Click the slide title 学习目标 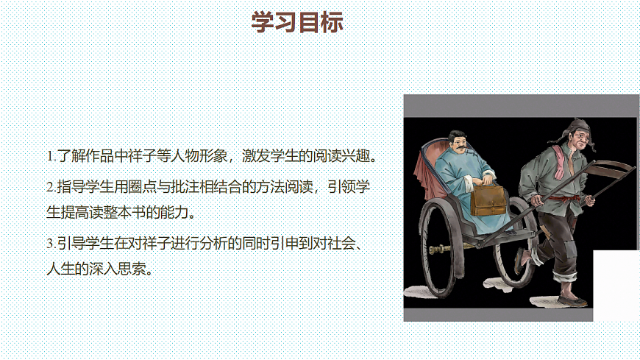coord(297,22)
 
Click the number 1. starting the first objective coord(51,156)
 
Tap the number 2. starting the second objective coord(51,186)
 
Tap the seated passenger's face coord(459,144)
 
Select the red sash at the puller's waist coord(563,197)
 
